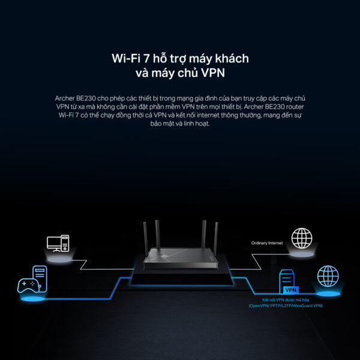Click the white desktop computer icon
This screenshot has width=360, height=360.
58,244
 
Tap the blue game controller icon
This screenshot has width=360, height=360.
28,286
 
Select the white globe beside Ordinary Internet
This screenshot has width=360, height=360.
302,238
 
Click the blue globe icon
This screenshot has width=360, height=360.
328,276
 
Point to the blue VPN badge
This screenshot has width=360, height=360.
291,290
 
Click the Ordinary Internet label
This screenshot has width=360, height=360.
267,243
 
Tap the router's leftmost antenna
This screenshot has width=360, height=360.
146,237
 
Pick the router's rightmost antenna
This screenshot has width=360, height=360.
216,237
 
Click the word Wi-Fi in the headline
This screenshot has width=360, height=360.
126,58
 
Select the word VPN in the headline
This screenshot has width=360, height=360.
213,73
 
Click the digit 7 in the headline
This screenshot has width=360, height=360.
146,58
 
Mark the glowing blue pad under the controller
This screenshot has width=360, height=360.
32,299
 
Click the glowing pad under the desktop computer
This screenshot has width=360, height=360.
59,260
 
